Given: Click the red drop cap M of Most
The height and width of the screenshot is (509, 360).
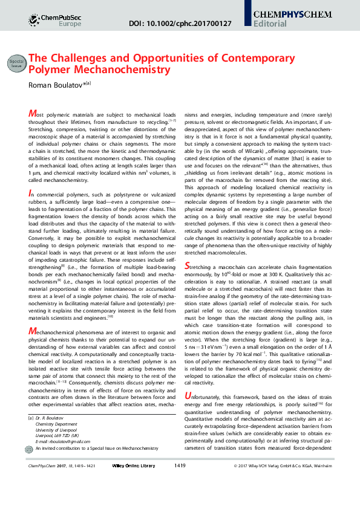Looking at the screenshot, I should point(32,114).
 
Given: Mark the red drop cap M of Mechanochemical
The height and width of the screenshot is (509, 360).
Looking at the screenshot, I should point(32,331).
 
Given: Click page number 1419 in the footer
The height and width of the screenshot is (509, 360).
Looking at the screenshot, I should point(179,482).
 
